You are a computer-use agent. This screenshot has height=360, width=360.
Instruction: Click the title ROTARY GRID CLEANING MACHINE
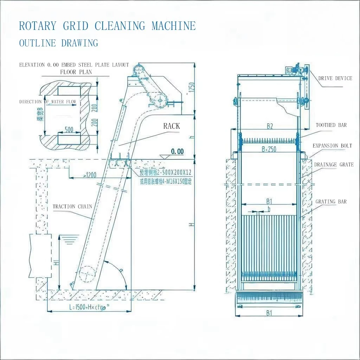coord(107,26)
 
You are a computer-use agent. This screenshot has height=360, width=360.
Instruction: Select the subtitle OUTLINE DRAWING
coord(58,43)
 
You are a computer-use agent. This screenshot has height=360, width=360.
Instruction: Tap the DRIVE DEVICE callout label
coord(335,78)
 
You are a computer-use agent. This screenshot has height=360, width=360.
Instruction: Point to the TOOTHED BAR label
coord(331,125)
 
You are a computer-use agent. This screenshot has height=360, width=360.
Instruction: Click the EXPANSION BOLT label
coord(332,146)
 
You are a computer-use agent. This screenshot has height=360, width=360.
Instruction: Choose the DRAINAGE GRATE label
coord(334,165)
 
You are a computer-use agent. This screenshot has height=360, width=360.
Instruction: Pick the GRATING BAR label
coord(331,201)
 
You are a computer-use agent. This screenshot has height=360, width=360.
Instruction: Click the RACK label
coord(171,126)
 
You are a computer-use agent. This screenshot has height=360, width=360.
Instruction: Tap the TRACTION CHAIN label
coord(72,206)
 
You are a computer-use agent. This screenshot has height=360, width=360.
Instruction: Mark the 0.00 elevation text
coord(177,152)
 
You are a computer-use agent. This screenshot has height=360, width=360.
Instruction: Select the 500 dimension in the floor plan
coord(69,130)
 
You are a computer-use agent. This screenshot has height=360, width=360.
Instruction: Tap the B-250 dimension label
coord(269,149)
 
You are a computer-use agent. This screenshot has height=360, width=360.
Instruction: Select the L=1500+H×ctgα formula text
coord(89,307)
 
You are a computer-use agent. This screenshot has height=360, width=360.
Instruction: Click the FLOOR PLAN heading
coord(76,72)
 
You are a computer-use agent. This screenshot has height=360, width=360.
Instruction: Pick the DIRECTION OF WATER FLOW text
coord(47,102)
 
